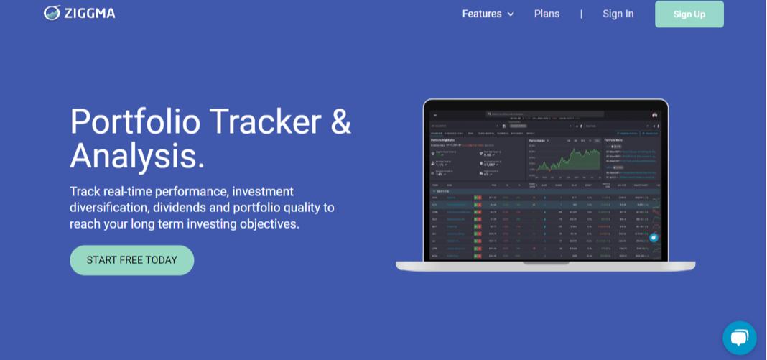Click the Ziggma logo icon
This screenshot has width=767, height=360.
pos(52,13)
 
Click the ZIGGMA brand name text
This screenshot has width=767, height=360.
pos(89,14)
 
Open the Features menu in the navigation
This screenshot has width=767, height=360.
pos(482,14)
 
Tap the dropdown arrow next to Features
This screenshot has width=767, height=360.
pos(511,14)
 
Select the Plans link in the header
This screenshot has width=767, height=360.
pos(547,14)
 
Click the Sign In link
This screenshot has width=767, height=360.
pos(618,14)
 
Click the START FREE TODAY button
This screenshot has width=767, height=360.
pos(131,260)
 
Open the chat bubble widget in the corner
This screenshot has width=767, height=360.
pos(739,338)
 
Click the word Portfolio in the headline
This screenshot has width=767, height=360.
pos(135,121)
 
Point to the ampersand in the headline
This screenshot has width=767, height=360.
pos(340,121)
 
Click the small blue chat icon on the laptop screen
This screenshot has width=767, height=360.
pos(654,237)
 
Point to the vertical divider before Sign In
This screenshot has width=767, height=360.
pos(581,14)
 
